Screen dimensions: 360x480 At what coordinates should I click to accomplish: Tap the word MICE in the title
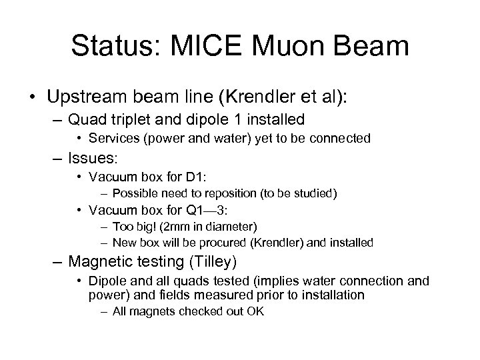coord(220,46)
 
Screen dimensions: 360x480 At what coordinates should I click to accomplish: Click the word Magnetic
coord(108,262)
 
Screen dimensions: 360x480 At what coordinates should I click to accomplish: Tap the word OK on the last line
coord(256,311)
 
